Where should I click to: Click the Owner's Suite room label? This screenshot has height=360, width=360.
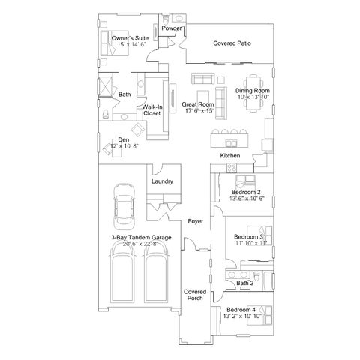130,38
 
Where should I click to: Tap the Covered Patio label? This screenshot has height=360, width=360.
232,43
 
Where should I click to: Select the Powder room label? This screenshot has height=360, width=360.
172,28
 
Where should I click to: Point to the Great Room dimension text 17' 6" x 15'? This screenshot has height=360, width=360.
199,110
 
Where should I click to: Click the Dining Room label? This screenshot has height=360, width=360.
253,91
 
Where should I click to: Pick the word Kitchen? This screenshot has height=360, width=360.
230,156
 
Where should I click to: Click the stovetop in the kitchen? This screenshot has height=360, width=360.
232,167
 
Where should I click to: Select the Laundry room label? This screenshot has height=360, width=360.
162,181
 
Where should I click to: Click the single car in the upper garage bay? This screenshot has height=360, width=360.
124,206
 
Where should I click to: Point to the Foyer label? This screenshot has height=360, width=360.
196,221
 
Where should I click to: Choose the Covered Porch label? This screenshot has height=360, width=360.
195,295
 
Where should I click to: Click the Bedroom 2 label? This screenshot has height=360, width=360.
246,192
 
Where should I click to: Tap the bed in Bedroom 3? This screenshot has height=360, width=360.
259,236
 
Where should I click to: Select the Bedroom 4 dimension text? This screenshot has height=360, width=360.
242,316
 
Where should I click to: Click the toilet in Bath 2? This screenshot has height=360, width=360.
257,277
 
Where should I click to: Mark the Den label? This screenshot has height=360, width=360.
124,139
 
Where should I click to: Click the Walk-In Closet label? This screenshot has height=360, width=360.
152,110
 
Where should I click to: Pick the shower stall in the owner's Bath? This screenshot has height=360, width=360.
105,87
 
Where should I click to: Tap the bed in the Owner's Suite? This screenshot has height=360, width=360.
115,43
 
